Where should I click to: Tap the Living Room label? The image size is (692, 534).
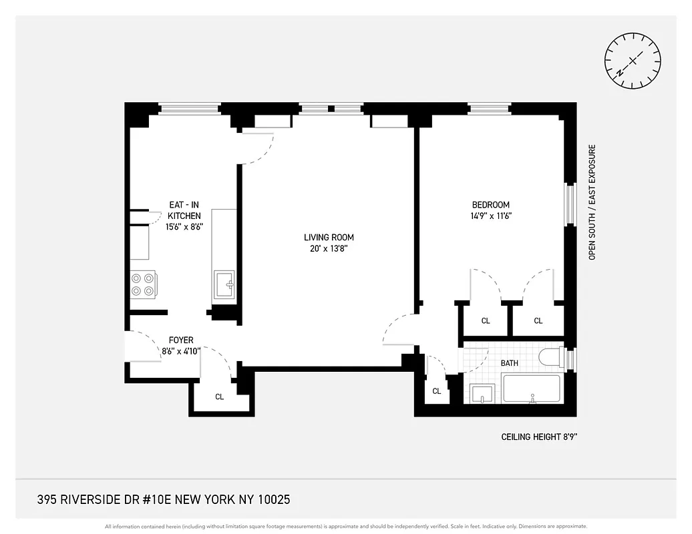coord(329,237)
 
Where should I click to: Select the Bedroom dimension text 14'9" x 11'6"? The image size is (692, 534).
coord(491,216)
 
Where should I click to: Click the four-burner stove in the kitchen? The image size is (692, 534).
coord(143,284)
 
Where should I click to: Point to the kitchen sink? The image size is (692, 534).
coord(224,286)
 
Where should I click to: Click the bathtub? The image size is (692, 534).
coord(531,388)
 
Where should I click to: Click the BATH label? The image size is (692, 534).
coord(510,363)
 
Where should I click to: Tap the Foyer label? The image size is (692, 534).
coord(181,340)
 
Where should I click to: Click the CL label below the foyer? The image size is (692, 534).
coord(219,396)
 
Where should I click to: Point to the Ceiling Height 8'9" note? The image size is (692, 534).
coord(539,437)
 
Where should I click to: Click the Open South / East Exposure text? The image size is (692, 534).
coord(591,202)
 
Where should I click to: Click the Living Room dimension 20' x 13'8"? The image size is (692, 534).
coord(329,248)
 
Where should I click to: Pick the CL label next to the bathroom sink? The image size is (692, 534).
coord(436,391)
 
